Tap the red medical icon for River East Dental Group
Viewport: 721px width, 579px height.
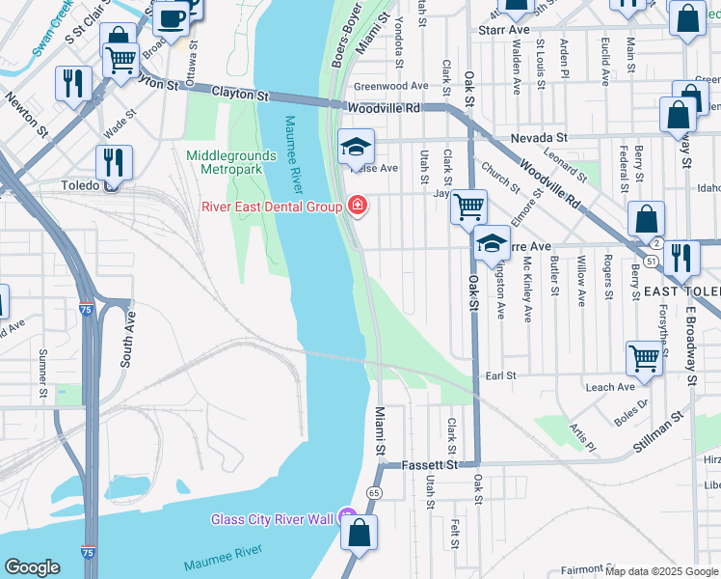point(357,206)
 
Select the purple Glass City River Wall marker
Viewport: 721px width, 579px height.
point(347,519)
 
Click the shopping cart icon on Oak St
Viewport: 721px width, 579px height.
point(469,206)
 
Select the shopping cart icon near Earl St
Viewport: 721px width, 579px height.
point(644,357)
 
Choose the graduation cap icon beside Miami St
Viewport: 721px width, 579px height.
point(355,148)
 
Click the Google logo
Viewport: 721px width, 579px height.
point(32,567)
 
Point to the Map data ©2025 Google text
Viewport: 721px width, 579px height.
point(660,571)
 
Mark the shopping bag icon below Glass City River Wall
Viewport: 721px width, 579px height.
point(358,534)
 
